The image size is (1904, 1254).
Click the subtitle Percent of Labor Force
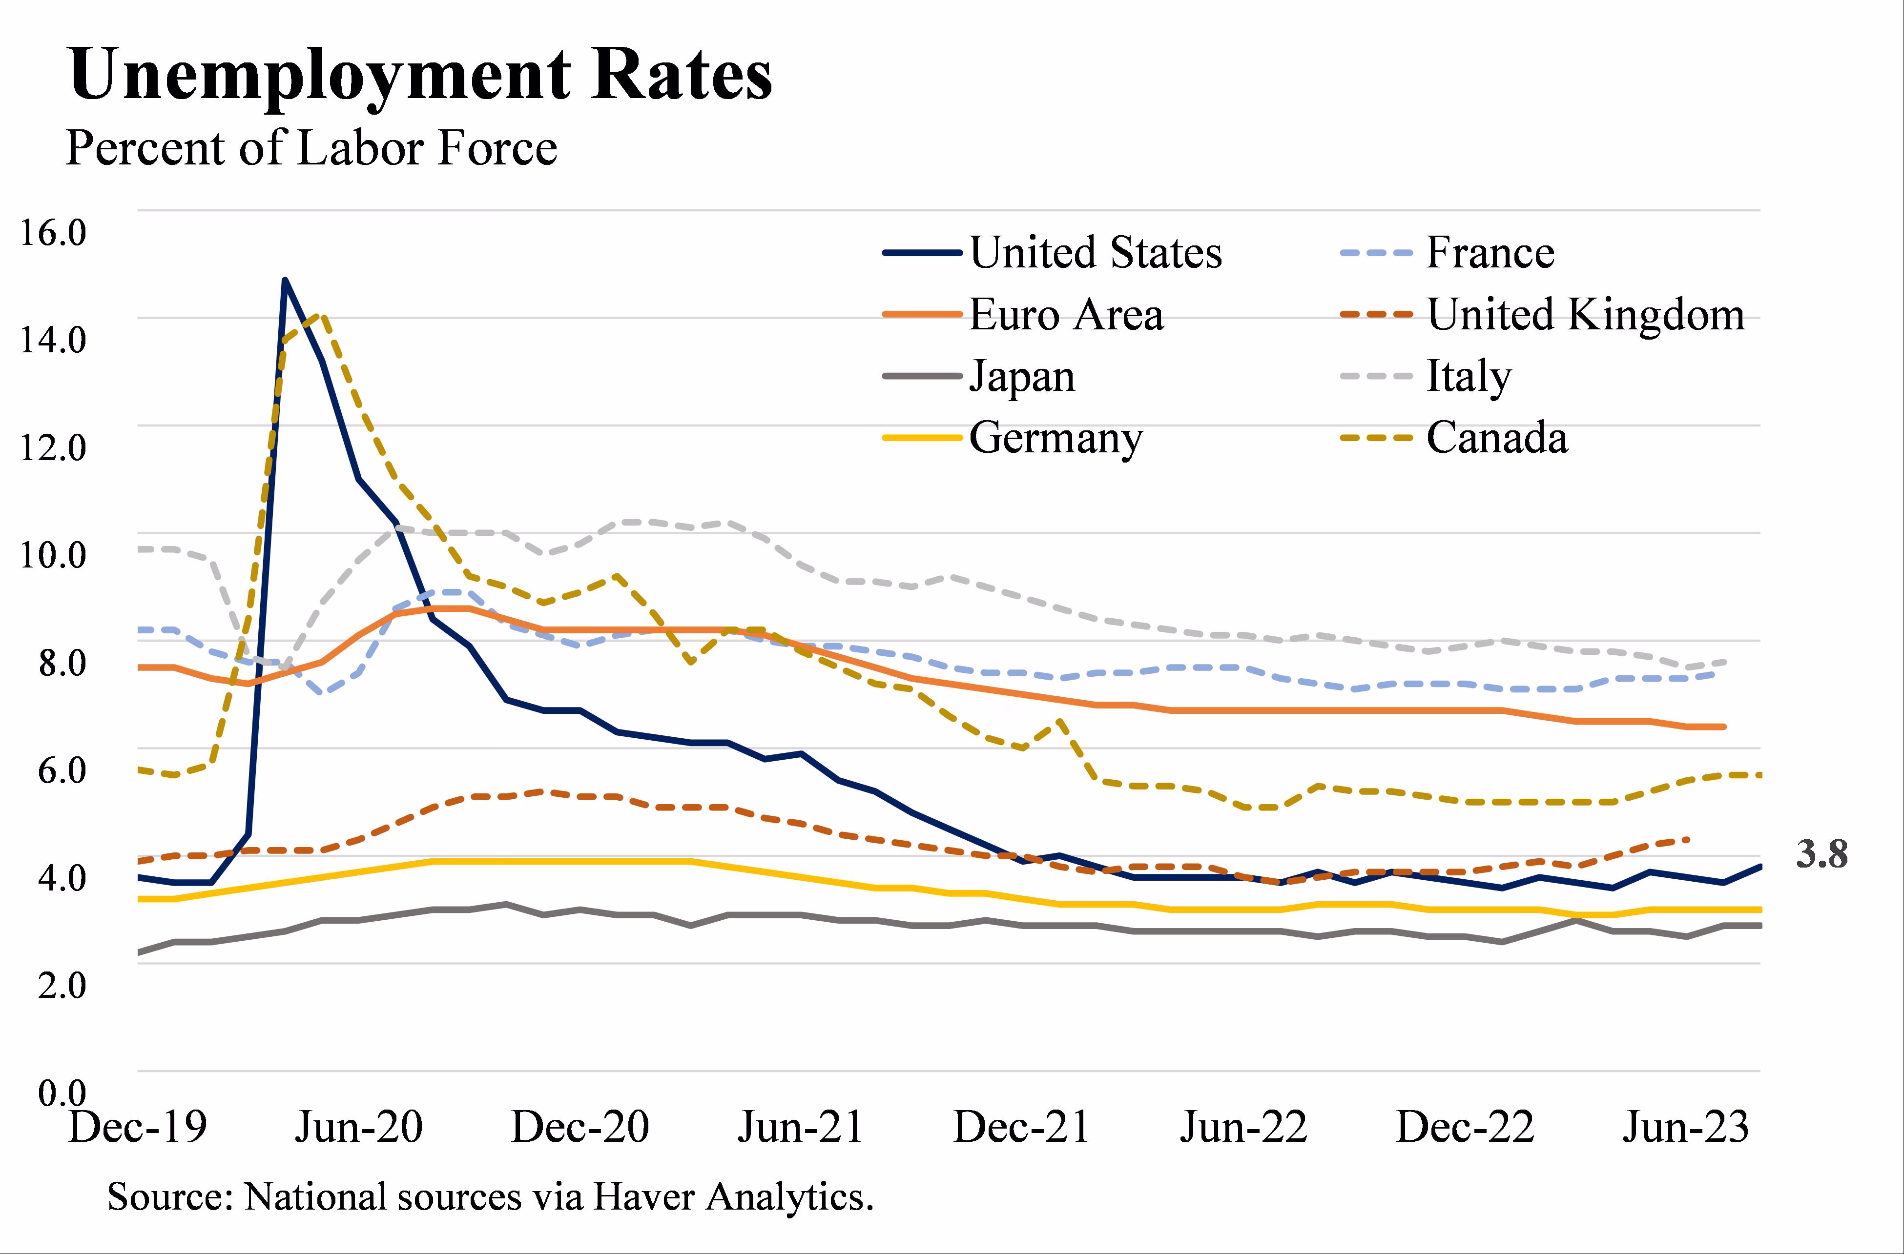[x=310, y=149]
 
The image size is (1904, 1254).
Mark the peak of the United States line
[x=285, y=280]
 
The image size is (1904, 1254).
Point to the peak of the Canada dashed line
[x=322, y=315]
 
